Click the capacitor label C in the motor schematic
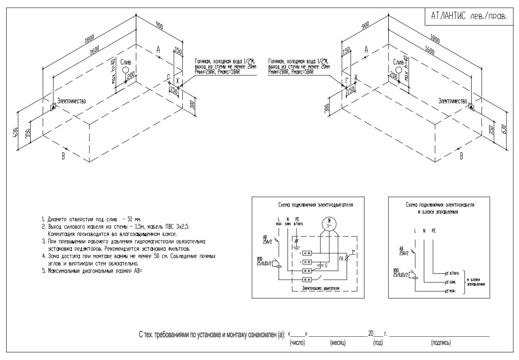pos(326,265)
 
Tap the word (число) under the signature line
pos(297,342)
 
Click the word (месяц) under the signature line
pos(338,342)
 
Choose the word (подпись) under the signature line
pos(440,342)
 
